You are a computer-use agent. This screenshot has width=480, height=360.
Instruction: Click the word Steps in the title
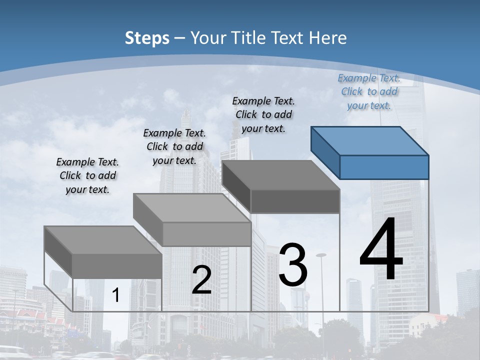coord(147,38)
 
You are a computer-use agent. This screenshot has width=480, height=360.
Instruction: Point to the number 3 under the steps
coord(293,265)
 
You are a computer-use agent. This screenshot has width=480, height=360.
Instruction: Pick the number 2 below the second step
coord(201,280)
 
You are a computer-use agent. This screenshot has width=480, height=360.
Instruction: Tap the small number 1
coord(116,295)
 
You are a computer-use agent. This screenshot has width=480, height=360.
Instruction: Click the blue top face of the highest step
coord(370,141)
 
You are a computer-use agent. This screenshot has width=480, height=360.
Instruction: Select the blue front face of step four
coord(384,167)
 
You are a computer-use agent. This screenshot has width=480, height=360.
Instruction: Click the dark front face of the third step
coord(295,201)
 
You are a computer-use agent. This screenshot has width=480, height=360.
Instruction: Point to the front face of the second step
coord(206,234)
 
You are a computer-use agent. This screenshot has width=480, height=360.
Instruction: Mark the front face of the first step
coord(117,266)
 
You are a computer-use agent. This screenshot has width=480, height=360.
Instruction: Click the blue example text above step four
coord(369,91)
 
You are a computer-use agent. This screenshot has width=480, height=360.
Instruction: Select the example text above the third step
coord(264,114)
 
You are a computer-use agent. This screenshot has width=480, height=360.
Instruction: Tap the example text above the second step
coord(174,146)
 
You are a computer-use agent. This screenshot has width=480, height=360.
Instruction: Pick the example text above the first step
coord(87,175)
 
